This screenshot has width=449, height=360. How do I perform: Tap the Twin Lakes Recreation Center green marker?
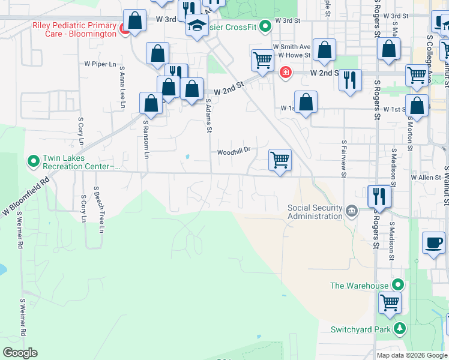(x=32, y=161)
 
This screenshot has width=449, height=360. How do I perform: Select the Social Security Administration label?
(x=315, y=212)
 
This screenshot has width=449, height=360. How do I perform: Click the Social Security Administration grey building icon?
(x=351, y=209)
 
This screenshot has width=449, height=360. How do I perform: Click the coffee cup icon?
(x=433, y=242)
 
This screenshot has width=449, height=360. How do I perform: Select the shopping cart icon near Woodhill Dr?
(x=280, y=160)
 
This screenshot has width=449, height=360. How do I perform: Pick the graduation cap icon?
(x=196, y=26)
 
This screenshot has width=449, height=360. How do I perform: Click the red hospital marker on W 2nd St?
(x=286, y=73)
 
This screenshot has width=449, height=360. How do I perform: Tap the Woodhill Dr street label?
(x=233, y=152)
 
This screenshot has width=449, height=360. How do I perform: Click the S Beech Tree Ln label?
(x=98, y=209)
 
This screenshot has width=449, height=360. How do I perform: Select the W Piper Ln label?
(x=100, y=63)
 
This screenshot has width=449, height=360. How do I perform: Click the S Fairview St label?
(x=343, y=159)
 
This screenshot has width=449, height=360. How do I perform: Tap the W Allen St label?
(x=426, y=178)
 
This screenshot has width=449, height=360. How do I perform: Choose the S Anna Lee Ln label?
(x=122, y=87)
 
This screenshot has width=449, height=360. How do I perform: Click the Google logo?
(x=20, y=353)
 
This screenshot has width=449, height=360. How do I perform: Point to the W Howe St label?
(x=294, y=55)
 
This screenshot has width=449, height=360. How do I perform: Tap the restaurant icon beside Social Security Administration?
(x=379, y=196)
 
